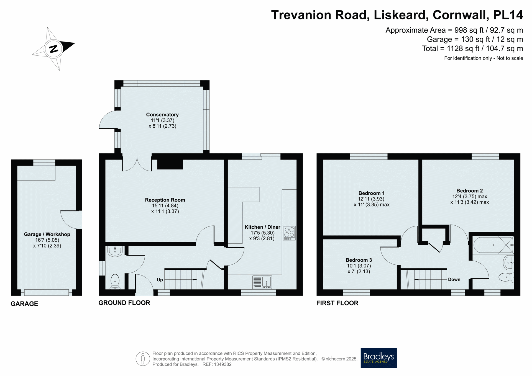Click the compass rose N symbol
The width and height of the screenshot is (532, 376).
(x=53, y=49)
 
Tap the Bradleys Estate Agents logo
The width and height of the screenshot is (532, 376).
(x=378, y=358)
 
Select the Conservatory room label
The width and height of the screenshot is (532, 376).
(x=162, y=115)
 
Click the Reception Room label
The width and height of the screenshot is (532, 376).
(x=165, y=200)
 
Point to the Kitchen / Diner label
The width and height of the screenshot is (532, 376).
(x=262, y=227)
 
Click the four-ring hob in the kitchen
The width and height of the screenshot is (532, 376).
(x=289, y=233)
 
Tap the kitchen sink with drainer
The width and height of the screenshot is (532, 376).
(x=262, y=282)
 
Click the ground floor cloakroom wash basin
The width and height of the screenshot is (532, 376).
(x=115, y=251)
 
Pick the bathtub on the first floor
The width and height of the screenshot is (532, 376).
(x=493, y=245)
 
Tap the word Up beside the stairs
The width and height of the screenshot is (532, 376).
(x=160, y=280)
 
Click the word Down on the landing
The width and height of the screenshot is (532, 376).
(x=454, y=279)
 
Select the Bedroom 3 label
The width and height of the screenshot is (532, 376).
(x=359, y=260)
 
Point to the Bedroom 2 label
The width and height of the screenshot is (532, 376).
(x=469, y=191)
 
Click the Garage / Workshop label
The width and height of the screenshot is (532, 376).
(x=47, y=234)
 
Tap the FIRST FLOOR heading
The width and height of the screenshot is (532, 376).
(x=337, y=303)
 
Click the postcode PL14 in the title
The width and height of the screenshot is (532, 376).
(x=508, y=15)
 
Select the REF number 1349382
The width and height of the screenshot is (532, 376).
(x=221, y=364)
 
